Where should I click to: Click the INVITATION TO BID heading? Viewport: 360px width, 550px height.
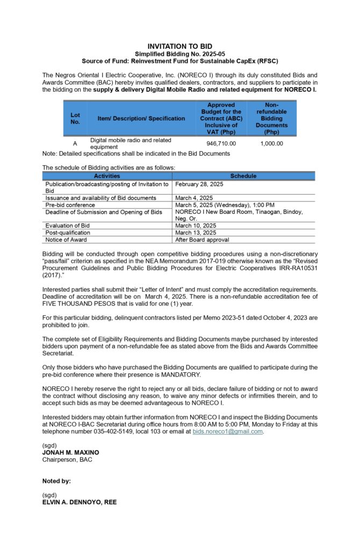[179, 47]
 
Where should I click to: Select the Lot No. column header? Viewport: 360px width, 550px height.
[75, 118]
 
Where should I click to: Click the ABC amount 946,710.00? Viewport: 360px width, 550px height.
[221, 143]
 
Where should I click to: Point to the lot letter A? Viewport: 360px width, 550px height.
[75, 143]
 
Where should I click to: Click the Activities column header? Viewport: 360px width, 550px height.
[107, 176]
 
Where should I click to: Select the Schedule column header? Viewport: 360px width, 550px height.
[243, 176]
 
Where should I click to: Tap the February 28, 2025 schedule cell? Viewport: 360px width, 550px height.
[199, 184]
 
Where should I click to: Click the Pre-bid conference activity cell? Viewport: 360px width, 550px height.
[70, 205]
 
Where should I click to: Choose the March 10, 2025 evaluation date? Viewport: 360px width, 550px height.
[196, 226]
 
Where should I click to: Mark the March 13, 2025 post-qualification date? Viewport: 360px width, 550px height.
[196, 233]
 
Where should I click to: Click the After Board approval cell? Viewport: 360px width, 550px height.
[201, 240]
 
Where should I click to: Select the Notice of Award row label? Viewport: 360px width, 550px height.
[67, 240]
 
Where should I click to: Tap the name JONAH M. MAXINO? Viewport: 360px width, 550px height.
[70, 453]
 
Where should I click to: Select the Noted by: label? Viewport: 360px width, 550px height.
[56, 481]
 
